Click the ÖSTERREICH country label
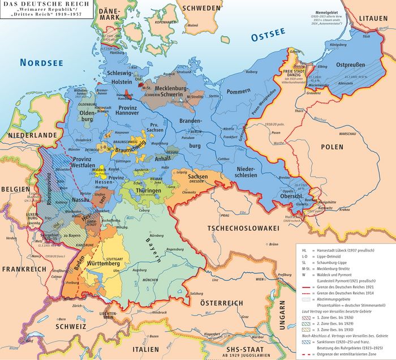[226, 303]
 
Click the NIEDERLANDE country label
[33, 135]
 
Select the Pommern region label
[238, 91]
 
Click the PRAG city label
[224, 216]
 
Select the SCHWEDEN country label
[200, 8]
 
